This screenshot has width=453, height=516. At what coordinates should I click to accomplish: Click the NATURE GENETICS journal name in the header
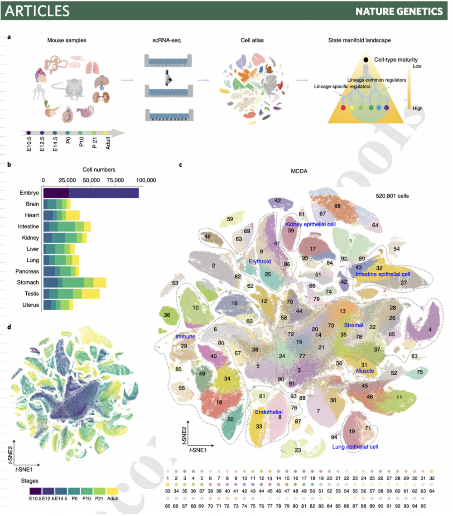point(399,10)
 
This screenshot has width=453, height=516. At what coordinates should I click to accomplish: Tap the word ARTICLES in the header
point(38,10)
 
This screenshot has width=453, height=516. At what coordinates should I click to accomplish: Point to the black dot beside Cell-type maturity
point(365,60)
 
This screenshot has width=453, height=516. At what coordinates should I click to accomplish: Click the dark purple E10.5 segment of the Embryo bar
point(56,193)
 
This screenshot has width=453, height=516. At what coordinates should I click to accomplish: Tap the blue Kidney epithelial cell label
point(310,224)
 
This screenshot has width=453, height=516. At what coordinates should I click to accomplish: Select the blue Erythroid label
point(260,261)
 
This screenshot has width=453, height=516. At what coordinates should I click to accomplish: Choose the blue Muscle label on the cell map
point(365,371)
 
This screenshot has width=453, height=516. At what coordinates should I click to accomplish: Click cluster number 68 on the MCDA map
point(337,206)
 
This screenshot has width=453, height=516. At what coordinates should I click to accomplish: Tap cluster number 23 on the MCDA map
point(298,450)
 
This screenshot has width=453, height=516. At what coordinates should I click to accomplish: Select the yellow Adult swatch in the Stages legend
point(112,491)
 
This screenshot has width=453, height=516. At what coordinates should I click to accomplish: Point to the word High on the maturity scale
point(418,108)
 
